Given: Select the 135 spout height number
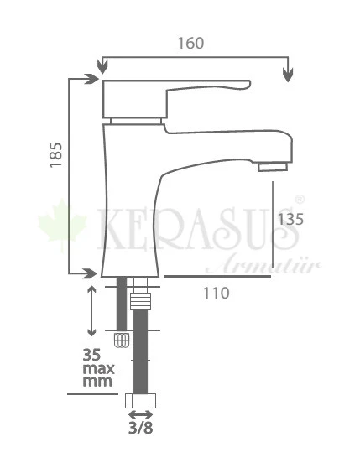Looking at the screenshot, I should [290, 220].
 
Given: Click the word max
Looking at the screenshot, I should [98, 368].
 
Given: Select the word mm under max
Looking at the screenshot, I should [97, 382].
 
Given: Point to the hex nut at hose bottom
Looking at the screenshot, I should [140, 402].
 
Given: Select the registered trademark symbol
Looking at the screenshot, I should [300, 201].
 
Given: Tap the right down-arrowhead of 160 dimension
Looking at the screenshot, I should [288, 74].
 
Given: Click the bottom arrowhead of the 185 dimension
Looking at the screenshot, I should [91, 273].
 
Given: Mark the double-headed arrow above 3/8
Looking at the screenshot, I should [140, 414].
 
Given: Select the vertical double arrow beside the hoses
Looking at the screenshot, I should [92, 309].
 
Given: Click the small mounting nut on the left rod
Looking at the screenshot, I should [122, 341].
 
